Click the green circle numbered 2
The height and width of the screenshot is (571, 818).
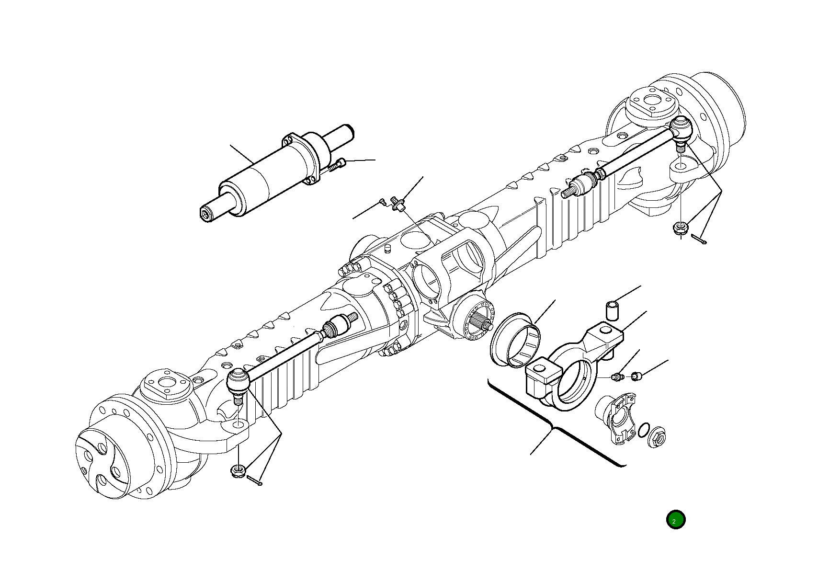coord(675,520)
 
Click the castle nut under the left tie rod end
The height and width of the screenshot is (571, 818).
coord(238,470)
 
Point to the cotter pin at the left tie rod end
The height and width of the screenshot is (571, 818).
coord(255,480)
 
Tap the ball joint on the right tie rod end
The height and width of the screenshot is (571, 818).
coord(681,129)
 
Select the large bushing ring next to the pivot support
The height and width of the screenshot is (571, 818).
coord(516,340)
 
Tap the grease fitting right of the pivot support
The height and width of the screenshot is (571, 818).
coord(617,377)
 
